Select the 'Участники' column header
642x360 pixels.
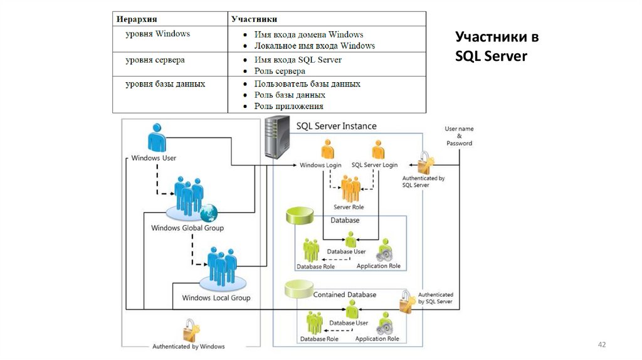coord(254,19)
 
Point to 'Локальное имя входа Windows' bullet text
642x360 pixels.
coord(315,46)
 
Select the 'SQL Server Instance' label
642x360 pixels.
coord(336,126)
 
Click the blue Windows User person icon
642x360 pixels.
coord(157,137)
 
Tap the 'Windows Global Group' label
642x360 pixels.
coord(187,228)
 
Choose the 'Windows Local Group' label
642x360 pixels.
coord(216,298)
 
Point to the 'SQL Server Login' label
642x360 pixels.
coord(374,165)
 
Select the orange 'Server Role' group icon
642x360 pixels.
coord(350,189)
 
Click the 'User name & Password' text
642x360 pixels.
coord(459,135)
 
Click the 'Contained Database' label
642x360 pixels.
coord(345,294)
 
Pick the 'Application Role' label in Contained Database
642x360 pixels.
coord(377,339)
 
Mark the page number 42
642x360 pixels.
coord(603,345)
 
